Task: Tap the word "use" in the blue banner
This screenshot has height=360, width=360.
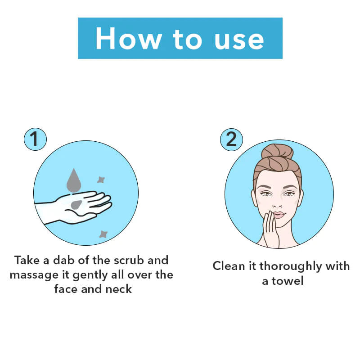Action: point(239,40)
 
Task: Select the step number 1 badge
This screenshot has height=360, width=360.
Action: point(35,139)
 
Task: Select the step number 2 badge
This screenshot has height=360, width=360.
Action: point(231,139)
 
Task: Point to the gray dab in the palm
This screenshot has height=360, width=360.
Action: point(76,205)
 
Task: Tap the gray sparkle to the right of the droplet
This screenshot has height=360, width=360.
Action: point(101,180)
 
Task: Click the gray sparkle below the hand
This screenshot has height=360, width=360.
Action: point(103,234)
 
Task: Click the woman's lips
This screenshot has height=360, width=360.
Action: point(279,215)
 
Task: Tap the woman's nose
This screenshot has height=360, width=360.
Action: point(277,203)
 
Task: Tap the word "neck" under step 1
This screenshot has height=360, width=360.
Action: point(118,289)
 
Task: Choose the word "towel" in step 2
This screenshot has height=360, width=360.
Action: point(288,281)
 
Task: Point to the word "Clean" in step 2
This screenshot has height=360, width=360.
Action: point(229,266)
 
